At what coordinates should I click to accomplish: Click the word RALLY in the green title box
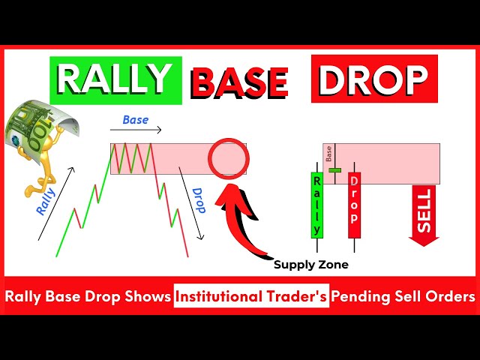pos(115,79)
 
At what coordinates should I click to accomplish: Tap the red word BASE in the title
pos(239,82)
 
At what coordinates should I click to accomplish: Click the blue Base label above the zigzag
pos(135,120)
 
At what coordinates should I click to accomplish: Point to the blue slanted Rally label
pos(46,202)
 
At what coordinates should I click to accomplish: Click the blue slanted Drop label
pos(198,200)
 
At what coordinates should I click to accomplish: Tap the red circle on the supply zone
pos(228,158)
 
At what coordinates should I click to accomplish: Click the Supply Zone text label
pos(310,265)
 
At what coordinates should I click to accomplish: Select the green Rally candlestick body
pos(316,205)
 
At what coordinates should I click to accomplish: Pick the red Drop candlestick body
pos(354,205)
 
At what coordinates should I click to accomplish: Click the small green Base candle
pos(335,170)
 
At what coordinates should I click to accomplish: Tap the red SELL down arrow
pos(424,215)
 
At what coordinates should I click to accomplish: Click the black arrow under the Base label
pos(136,130)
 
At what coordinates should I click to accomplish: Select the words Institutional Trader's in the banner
pos(251,296)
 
